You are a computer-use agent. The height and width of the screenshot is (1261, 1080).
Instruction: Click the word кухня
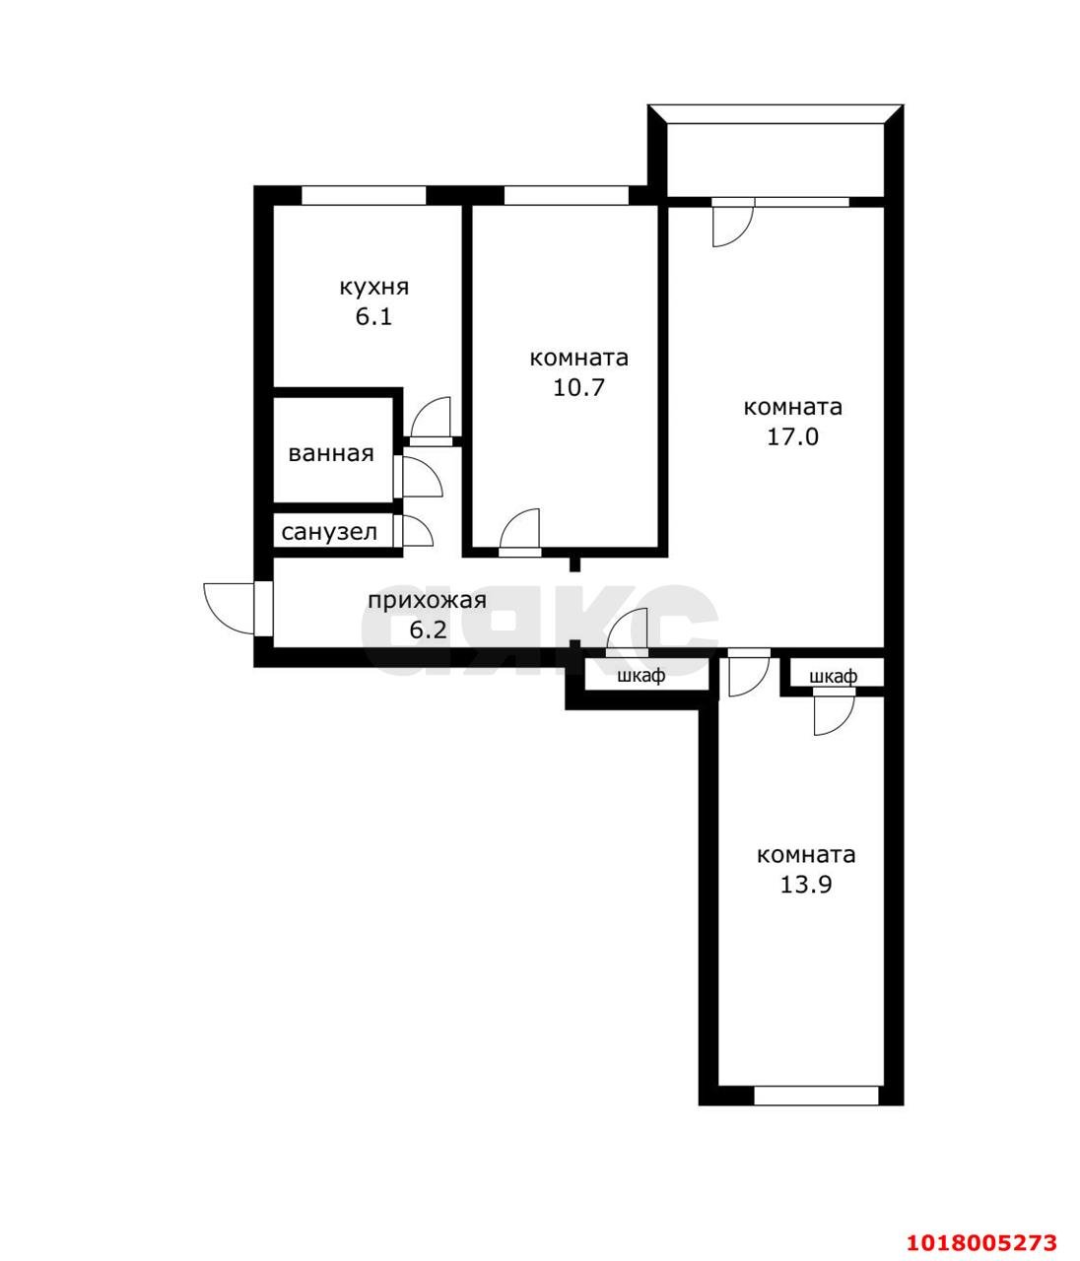pyautogui.click(x=373, y=288)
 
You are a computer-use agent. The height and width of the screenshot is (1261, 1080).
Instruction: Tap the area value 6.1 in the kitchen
pyautogui.click(x=373, y=317)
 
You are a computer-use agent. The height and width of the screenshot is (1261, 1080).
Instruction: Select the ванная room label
pyautogui.click(x=331, y=453)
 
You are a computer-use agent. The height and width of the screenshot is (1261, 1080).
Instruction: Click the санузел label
pyautogui.click(x=329, y=533)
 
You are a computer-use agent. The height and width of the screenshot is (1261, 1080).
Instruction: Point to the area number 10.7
pyautogui.click(x=578, y=387)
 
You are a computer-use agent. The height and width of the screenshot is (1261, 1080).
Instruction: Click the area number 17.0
pyautogui.click(x=792, y=436)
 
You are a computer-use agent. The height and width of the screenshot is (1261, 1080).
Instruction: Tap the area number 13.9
pyautogui.click(x=806, y=885)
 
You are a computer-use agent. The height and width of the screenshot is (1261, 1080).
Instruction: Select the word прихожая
pyautogui.click(x=427, y=601)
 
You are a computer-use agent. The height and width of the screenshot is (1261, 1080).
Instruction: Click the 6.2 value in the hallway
pyautogui.click(x=428, y=630)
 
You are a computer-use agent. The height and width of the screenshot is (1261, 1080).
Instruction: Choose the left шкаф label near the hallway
pyautogui.click(x=641, y=676)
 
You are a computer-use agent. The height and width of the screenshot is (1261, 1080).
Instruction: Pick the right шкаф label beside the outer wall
pyautogui.click(x=834, y=676)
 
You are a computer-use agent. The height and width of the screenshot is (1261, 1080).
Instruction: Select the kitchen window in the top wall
pyautogui.click(x=364, y=195)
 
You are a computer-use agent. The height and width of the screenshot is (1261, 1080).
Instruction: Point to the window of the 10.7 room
pyautogui.click(x=566, y=195)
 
